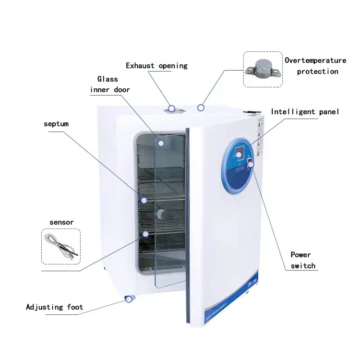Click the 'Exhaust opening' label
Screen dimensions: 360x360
(x=156, y=66)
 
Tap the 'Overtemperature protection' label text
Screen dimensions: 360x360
(x=315, y=66)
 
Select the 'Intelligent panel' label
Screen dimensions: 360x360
(x=305, y=112)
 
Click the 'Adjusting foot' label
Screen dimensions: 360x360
(x=54, y=307)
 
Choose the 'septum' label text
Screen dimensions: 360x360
(x=56, y=124)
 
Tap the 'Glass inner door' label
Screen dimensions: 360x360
(x=110, y=84)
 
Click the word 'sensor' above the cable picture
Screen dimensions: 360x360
(x=61, y=222)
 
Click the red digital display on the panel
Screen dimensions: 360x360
(x=238, y=153)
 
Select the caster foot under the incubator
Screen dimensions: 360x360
(x=129, y=299)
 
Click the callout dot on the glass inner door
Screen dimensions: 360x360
(x=161, y=143)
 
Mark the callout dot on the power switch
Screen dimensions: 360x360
(x=251, y=165)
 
